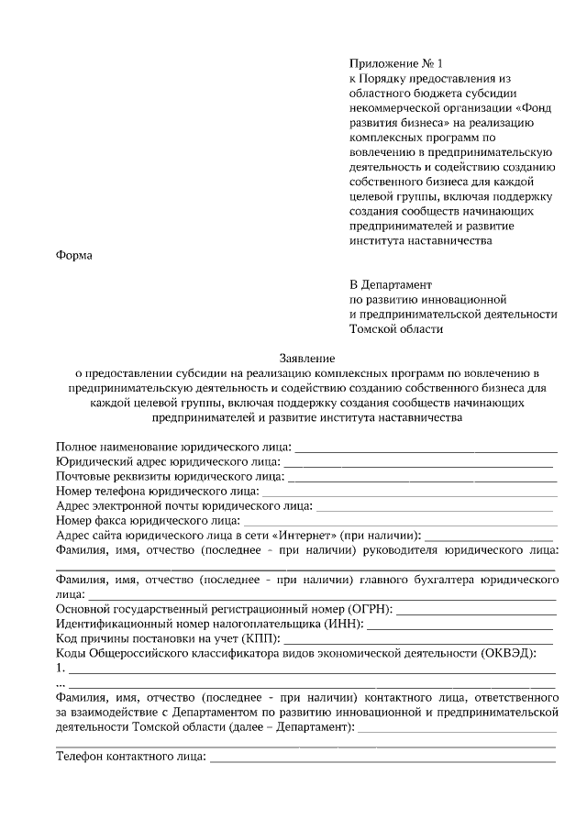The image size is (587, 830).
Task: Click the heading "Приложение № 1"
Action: click(x=395, y=64)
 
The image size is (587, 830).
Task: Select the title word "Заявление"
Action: click(x=306, y=358)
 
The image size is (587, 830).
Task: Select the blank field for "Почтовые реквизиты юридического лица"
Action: click(x=422, y=480)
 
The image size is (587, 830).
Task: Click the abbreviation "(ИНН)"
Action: click(x=344, y=624)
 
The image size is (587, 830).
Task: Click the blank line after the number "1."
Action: click(x=312, y=671)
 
